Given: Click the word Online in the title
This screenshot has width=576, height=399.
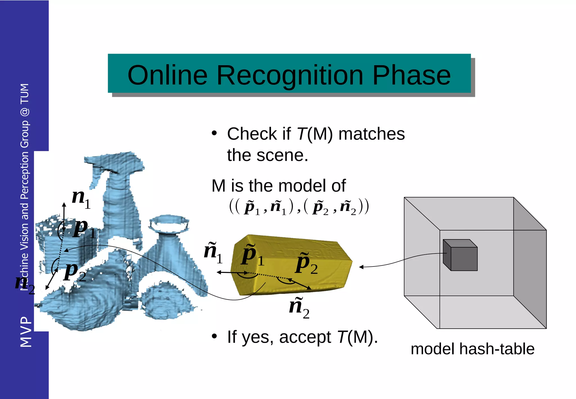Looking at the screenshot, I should [x=167, y=75].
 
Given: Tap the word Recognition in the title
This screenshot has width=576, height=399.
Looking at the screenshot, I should [x=290, y=75].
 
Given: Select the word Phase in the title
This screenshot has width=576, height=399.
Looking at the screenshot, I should [x=411, y=75].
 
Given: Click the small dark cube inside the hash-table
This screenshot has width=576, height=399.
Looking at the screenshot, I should [x=460, y=255].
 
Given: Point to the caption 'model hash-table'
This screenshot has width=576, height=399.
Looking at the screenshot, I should [x=472, y=349].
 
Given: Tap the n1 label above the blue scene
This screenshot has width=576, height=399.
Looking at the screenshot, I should [x=81, y=198].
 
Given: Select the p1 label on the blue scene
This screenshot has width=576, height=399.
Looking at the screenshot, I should [x=84, y=228].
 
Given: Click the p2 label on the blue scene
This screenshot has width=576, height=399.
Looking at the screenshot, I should [x=75, y=272].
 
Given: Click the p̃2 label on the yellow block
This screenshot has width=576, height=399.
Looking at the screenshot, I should [x=306, y=264].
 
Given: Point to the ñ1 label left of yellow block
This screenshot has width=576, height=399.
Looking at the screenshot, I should [x=213, y=252].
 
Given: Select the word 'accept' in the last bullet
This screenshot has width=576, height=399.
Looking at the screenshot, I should [x=305, y=337].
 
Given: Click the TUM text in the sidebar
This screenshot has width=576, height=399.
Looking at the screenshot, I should [x=25, y=94].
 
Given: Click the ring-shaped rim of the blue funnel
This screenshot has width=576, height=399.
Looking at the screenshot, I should [x=169, y=224].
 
